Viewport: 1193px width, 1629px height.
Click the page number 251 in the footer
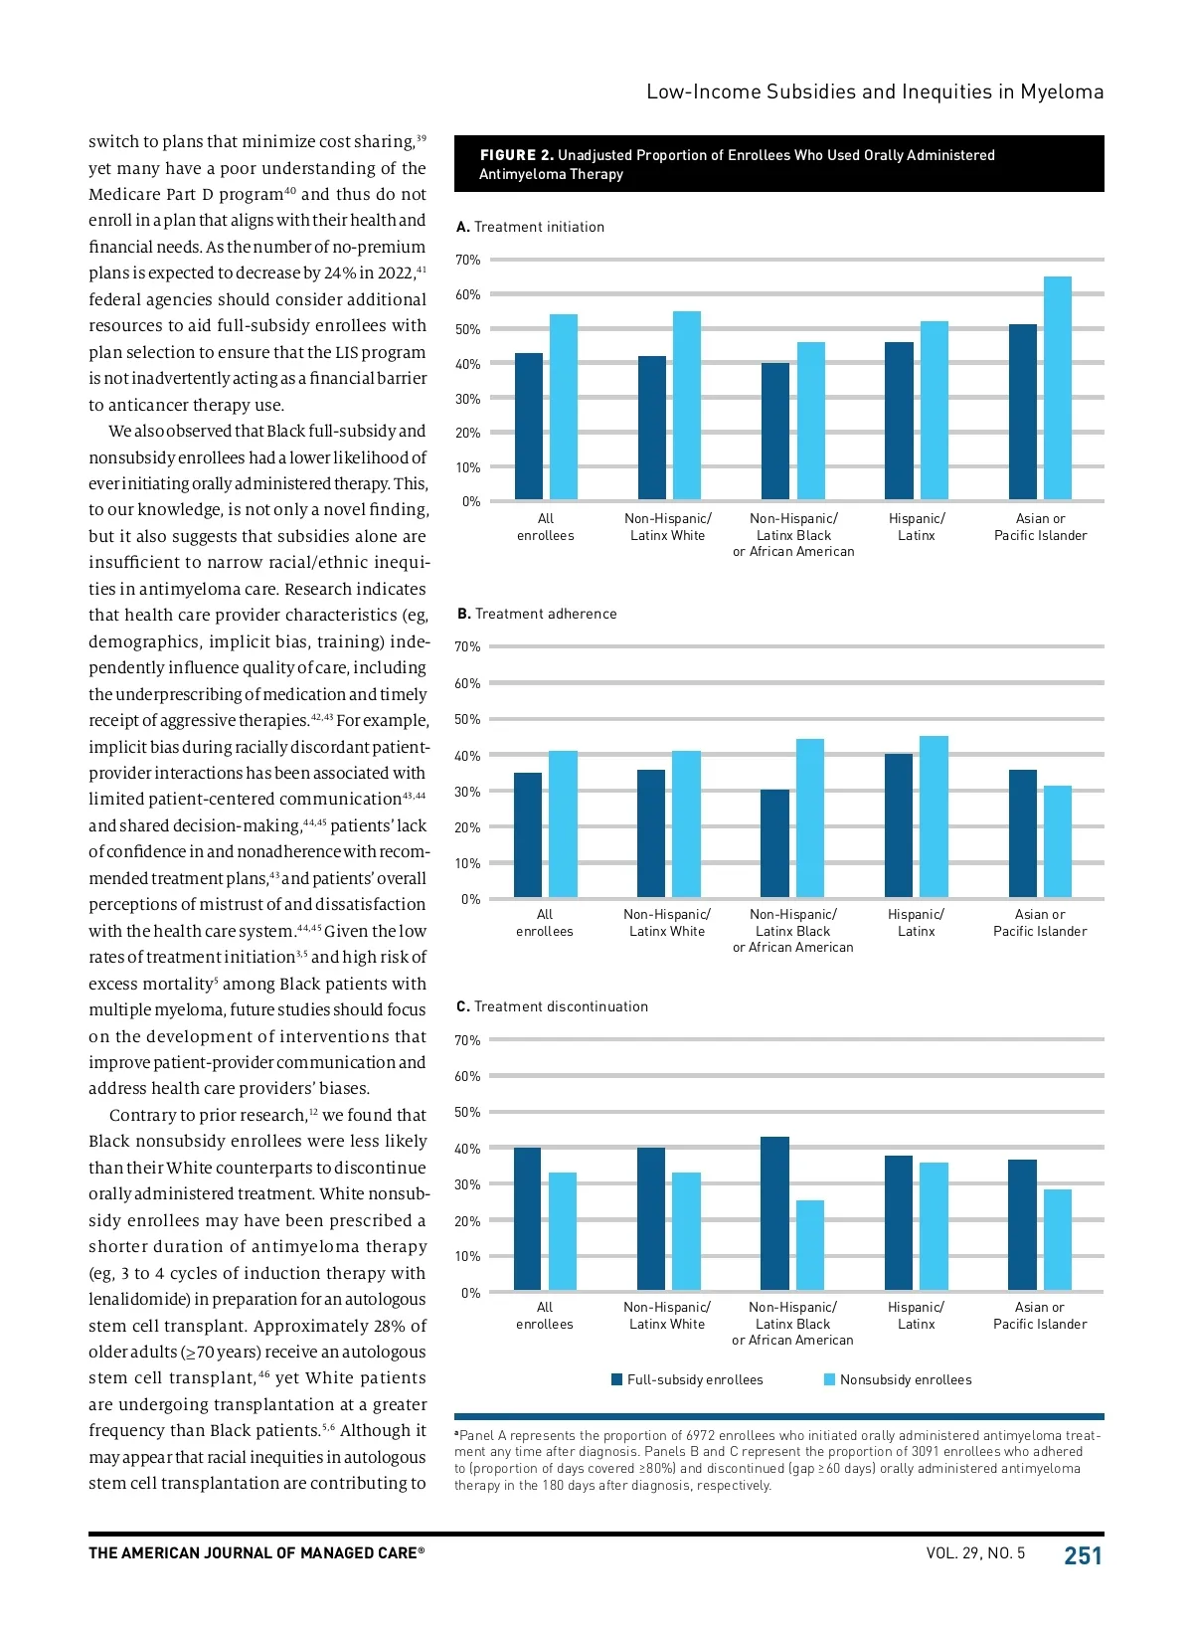[1083, 1555]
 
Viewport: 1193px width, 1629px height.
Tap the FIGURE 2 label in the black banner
[516, 155]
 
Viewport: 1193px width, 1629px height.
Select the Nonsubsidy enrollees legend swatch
[830, 1379]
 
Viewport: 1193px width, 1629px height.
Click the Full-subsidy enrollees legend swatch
[617, 1379]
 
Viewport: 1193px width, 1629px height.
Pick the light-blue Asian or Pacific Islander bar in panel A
[1058, 388]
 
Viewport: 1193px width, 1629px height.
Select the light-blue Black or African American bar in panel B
[810, 817]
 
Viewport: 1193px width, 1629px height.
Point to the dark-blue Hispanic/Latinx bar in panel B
[899, 825]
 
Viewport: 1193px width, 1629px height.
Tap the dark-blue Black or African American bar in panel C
[774, 1213]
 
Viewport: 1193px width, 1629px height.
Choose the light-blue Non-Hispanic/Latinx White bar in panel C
[686, 1231]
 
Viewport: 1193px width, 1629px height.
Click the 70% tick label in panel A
[467, 261]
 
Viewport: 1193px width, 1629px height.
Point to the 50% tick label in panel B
[467, 719]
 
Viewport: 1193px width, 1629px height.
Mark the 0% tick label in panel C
[470, 1293]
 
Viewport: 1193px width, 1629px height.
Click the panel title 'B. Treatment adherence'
[537, 614]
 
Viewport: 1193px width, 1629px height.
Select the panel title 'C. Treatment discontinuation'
[552, 1006]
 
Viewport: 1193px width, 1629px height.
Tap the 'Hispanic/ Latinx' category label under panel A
[917, 527]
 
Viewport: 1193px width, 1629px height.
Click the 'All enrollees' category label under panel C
[545, 1316]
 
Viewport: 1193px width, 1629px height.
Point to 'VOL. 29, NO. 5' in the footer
[975, 1553]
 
